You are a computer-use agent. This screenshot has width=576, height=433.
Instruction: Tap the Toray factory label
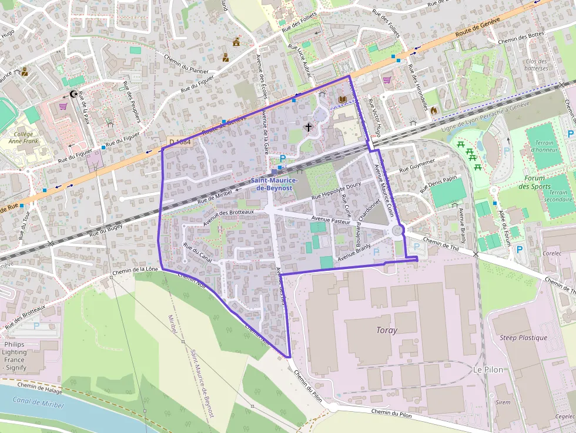click(387, 330)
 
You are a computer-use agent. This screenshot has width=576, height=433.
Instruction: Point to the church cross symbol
click(308, 126)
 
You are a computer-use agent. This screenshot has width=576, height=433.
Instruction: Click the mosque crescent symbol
click(73, 94)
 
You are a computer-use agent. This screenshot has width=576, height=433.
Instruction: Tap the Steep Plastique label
click(523, 338)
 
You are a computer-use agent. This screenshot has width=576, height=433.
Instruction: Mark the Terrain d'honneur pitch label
click(544, 146)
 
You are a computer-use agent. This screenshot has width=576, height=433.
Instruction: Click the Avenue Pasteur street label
click(332, 220)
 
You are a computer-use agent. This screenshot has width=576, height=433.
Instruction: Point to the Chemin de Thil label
click(440, 243)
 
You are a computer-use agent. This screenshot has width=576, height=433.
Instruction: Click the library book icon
click(342, 99)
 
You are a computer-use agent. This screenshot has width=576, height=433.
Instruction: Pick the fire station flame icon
click(434, 110)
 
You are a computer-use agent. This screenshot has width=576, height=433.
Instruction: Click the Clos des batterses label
click(536, 65)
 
